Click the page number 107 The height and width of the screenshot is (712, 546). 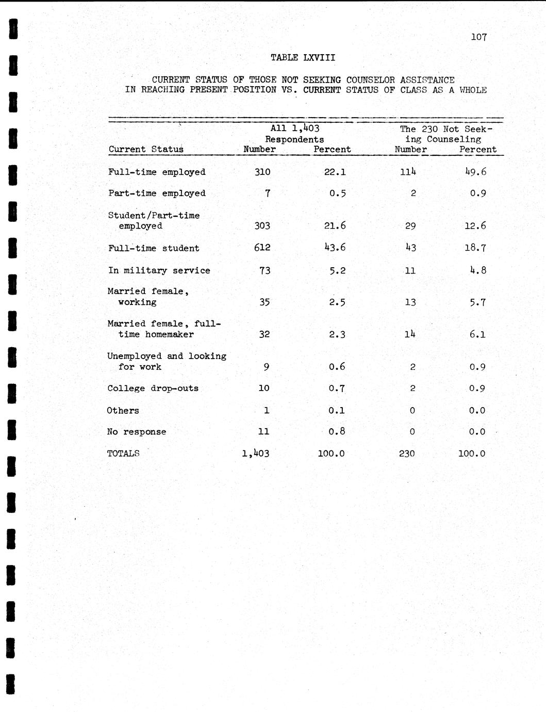(x=478, y=37)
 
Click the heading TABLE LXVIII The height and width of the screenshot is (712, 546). (x=303, y=58)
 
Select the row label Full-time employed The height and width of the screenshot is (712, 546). (x=157, y=172)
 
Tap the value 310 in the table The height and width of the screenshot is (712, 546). (x=262, y=172)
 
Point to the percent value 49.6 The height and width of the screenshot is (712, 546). (x=475, y=172)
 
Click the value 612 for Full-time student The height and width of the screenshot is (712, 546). (x=262, y=248)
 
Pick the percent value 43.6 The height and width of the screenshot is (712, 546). (x=335, y=248)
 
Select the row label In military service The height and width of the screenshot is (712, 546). (x=159, y=270)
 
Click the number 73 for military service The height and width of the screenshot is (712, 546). (x=264, y=270)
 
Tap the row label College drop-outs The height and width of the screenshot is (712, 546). (x=153, y=389)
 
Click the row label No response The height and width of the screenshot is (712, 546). (x=137, y=432)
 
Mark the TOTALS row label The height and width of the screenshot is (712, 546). (x=123, y=454)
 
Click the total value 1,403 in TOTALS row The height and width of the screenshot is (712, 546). (x=256, y=454)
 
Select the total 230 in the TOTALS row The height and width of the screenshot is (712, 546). (x=407, y=454)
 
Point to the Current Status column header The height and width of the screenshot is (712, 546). (x=146, y=150)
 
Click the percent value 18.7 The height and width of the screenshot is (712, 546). (x=475, y=248)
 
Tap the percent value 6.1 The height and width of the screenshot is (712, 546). (x=477, y=334)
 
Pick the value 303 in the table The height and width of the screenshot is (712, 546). (x=262, y=226)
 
